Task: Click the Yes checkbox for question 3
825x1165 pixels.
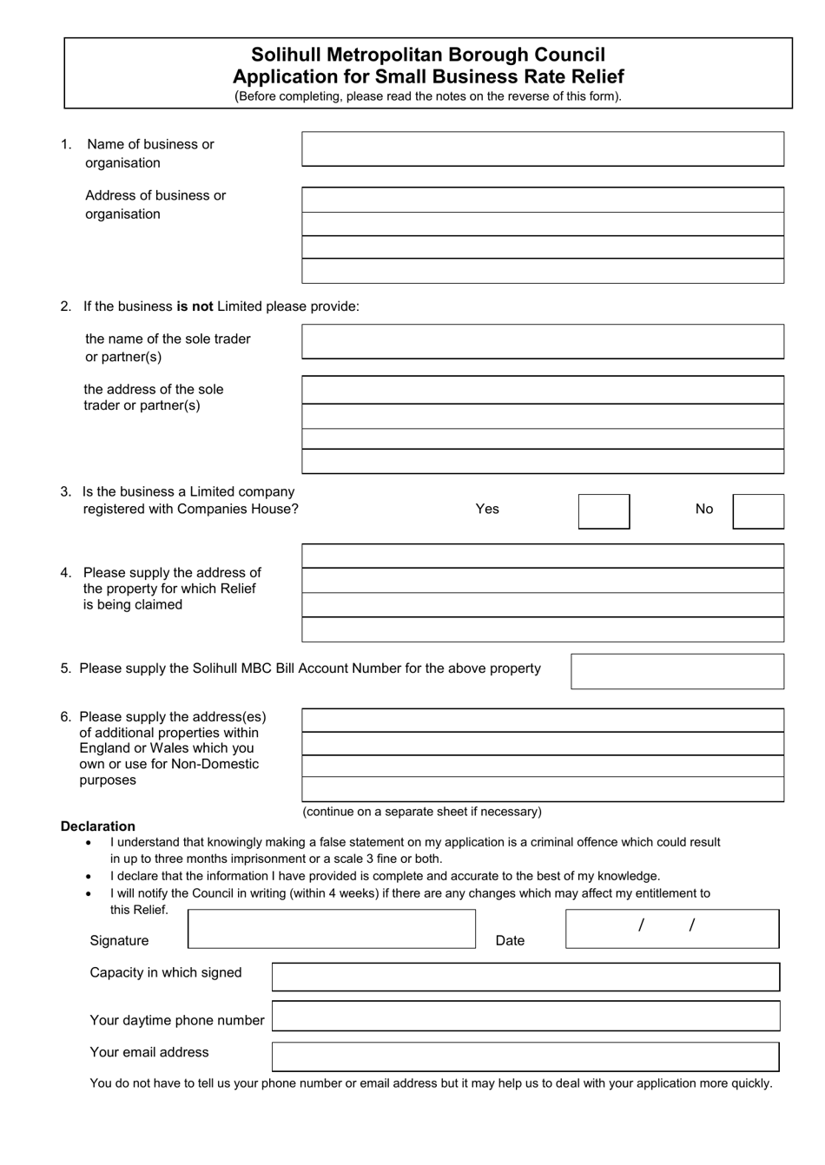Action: tap(604, 511)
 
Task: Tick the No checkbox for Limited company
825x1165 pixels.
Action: tap(757, 511)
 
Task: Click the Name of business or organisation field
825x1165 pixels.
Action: tap(542, 149)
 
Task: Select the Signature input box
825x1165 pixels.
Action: tap(331, 929)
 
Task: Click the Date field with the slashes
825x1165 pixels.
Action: tap(671, 929)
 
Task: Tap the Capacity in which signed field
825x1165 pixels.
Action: tap(525, 977)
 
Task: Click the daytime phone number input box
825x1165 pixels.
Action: tap(525, 1017)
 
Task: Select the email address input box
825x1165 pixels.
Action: tap(525, 1056)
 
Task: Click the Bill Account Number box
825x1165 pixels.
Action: tap(676, 671)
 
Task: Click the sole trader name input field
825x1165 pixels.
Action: tap(542, 342)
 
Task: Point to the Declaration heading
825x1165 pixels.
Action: tap(98, 826)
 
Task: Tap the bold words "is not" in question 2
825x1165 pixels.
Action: tap(195, 306)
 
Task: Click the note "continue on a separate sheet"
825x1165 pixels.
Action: tap(421, 812)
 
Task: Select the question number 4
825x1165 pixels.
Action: tap(66, 573)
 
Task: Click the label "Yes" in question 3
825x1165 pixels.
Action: tap(487, 509)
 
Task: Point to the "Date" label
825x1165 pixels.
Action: tap(510, 940)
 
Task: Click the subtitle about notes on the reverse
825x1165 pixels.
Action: tap(428, 96)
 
